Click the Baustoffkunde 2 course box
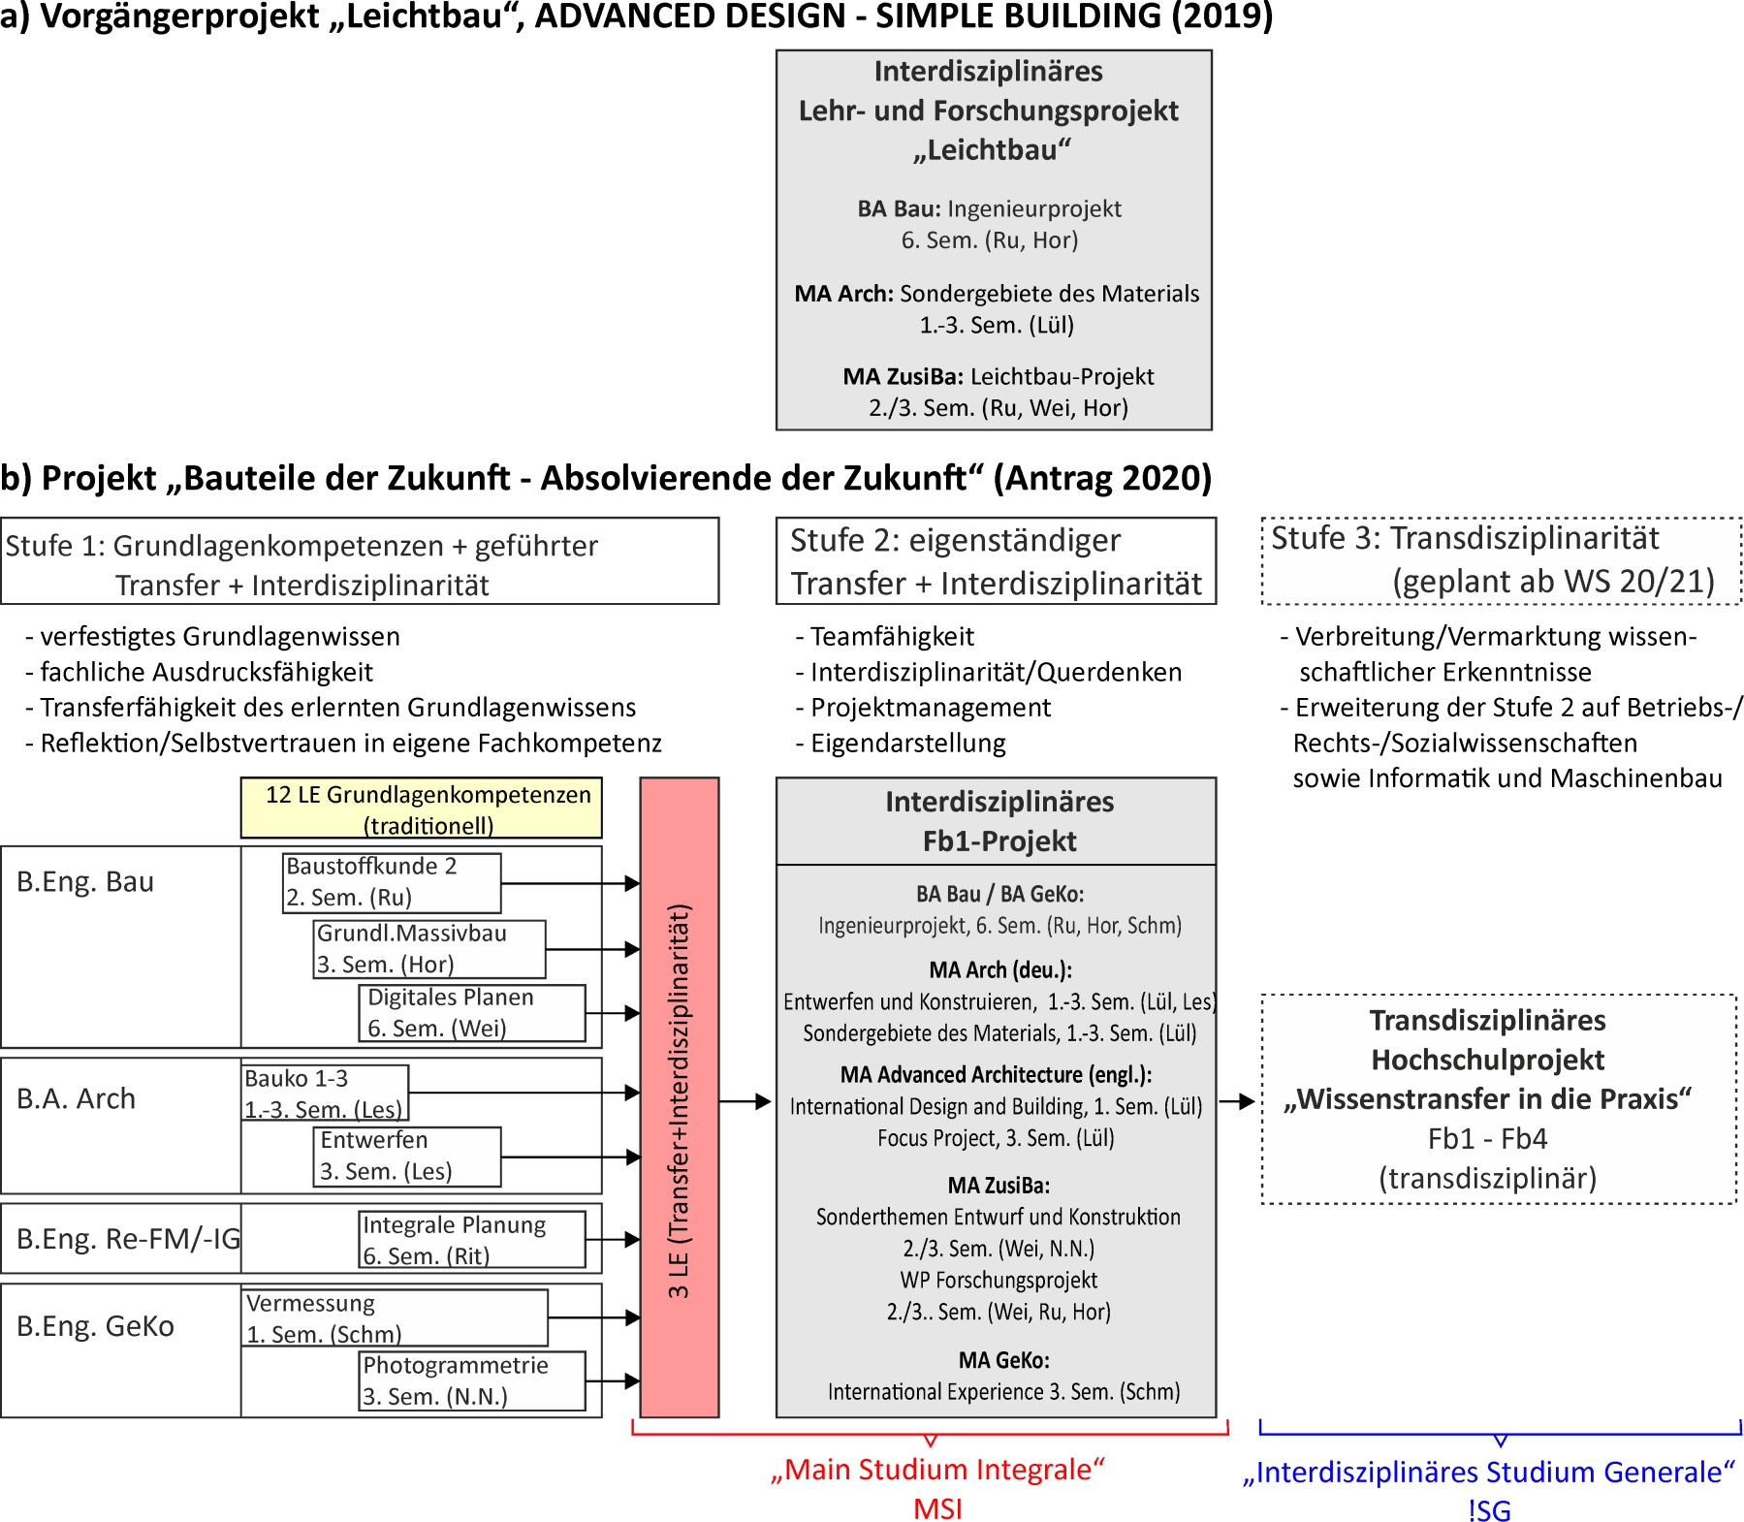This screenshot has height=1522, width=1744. pyautogui.click(x=392, y=882)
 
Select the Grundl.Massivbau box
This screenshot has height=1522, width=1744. pyautogui.click(x=428, y=949)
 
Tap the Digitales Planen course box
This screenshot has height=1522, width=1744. pyautogui.click(x=472, y=1013)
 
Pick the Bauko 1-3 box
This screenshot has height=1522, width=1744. pyautogui.click(x=325, y=1094)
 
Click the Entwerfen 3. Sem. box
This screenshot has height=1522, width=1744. pyautogui.click(x=407, y=1156)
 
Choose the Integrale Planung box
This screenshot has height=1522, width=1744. pyautogui.click(x=472, y=1240)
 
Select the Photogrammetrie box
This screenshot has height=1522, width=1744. pyautogui.click(x=472, y=1381)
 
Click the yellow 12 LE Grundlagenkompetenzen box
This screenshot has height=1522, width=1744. pyautogui.click(x=421, y=809)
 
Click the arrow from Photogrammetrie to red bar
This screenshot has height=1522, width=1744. pyautogui.click(x=613, y=1381)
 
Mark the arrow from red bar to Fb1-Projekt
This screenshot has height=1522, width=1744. pyautogui.click(x=745, y=1102)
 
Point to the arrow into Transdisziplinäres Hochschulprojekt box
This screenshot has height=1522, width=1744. pyautogui.click(x=1237, y=1101)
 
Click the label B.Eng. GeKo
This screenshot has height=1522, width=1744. pyautogui.click(x=95, y=1326)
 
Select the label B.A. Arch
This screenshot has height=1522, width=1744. pyautogui.click(x=76, y=1099)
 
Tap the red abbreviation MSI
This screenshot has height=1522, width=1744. pyautogui.click(x=937, y=1508)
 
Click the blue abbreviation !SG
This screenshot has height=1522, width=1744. pyautogui.click(x=1489, y=1510)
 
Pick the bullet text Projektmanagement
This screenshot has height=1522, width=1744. pyautogui.click(x=931, y=708)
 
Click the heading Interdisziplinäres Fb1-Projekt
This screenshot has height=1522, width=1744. pyautogui.click(x=999, y=821)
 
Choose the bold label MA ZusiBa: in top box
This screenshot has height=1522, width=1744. pyautogui.click(x=903, y=377)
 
